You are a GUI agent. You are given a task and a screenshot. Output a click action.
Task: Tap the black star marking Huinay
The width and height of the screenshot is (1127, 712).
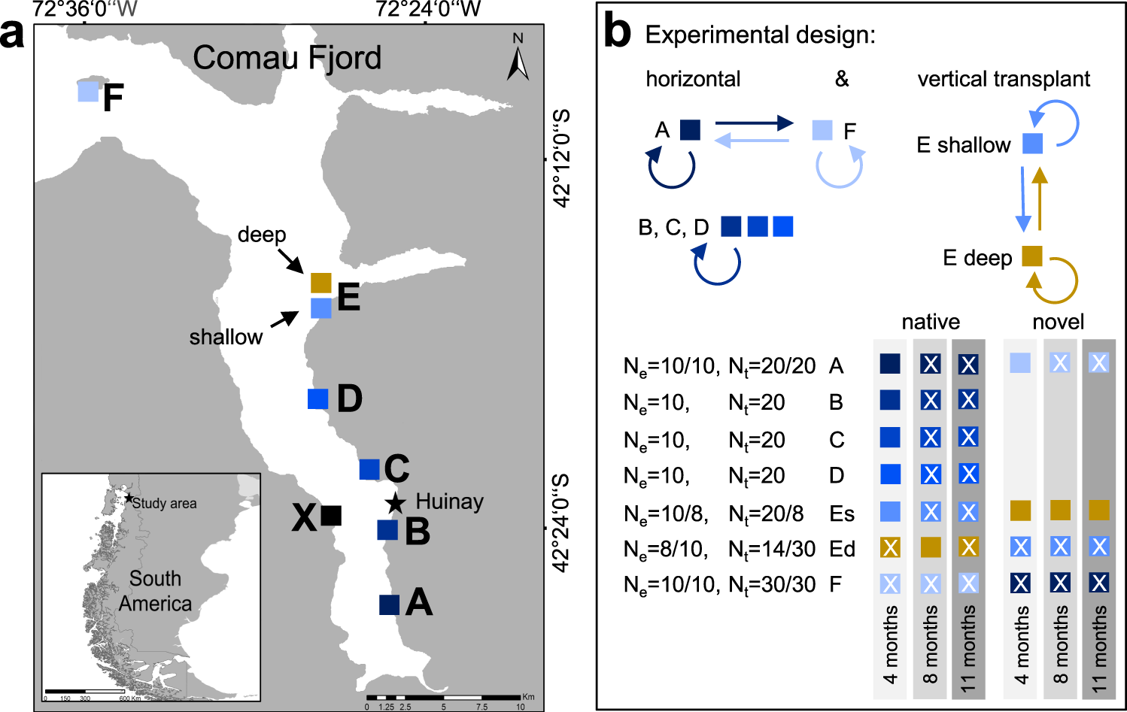(395, 503)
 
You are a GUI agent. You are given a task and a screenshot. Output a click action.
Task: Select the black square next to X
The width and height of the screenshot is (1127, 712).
(331, 515)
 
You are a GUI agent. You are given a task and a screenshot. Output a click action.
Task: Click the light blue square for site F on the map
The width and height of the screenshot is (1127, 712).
(88, 92)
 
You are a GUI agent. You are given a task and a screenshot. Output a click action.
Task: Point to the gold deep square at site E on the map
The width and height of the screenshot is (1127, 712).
(321, 283)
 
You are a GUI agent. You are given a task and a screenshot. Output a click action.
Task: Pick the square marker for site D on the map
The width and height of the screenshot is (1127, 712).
(318, 398)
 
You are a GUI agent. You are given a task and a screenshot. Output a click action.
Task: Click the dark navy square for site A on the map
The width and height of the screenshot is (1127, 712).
(389, 604)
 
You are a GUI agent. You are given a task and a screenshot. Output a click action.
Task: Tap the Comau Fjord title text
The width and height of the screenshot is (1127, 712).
(287, 58)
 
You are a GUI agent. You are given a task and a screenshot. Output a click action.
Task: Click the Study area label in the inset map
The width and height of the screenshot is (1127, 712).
(164, 504)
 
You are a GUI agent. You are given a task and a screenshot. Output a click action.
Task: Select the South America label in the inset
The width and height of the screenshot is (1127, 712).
(155, 591)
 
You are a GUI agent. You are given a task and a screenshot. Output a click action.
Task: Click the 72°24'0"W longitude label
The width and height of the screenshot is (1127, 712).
(428, 10)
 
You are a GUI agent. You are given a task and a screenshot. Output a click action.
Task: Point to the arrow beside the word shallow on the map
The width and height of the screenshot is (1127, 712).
(284, 320)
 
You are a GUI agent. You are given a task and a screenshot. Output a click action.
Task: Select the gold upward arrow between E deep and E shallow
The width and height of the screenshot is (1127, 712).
(1040, 198)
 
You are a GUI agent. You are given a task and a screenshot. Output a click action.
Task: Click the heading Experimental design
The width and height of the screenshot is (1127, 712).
(760, 35)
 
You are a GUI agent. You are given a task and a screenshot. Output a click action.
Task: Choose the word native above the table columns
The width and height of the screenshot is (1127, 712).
(931, 322)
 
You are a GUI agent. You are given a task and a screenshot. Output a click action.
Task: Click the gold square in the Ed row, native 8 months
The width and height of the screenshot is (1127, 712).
(931, 547)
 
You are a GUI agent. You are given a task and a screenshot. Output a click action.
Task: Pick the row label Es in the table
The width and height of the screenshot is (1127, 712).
(842, 514)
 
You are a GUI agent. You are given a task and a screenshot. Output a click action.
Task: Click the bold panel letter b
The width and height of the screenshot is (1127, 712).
(618, 32)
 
